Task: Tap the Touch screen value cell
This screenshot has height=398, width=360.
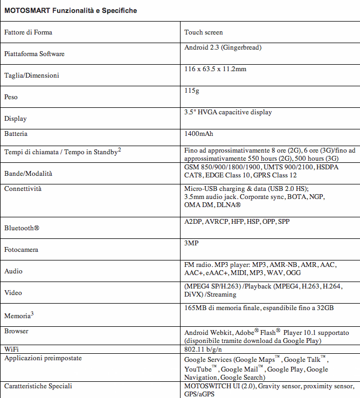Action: (203, 32)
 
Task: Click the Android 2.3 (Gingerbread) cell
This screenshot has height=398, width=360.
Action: (223, 47)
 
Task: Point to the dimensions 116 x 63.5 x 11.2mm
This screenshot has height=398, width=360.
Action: (216, 69)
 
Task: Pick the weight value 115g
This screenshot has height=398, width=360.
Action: (191, 91)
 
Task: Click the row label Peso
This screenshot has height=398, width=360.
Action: (11, 97)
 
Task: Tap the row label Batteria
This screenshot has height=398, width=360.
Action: (16, 133)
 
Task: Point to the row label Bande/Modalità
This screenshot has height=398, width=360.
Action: (29, 174)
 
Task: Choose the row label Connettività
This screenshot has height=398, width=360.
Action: (23, 189)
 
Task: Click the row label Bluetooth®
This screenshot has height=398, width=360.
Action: (22, 228)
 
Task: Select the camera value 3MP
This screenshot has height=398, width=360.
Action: (191, 243)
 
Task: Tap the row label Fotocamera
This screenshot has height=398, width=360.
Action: (21, 250)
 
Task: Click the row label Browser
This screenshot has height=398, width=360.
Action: (16, 331)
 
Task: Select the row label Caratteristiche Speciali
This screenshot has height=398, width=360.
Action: (38, 386)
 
